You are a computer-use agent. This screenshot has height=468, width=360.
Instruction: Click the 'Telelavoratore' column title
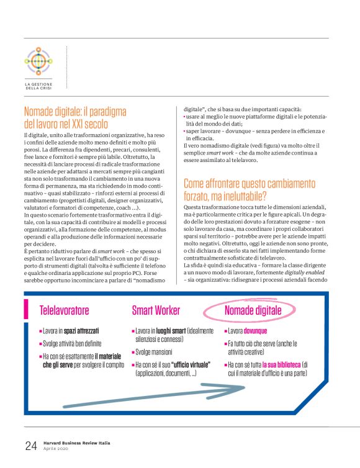pyautogui.click(x=65, y=310)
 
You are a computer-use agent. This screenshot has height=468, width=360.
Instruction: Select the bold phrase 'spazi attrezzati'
pyautogui.click(x=83, y=331)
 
